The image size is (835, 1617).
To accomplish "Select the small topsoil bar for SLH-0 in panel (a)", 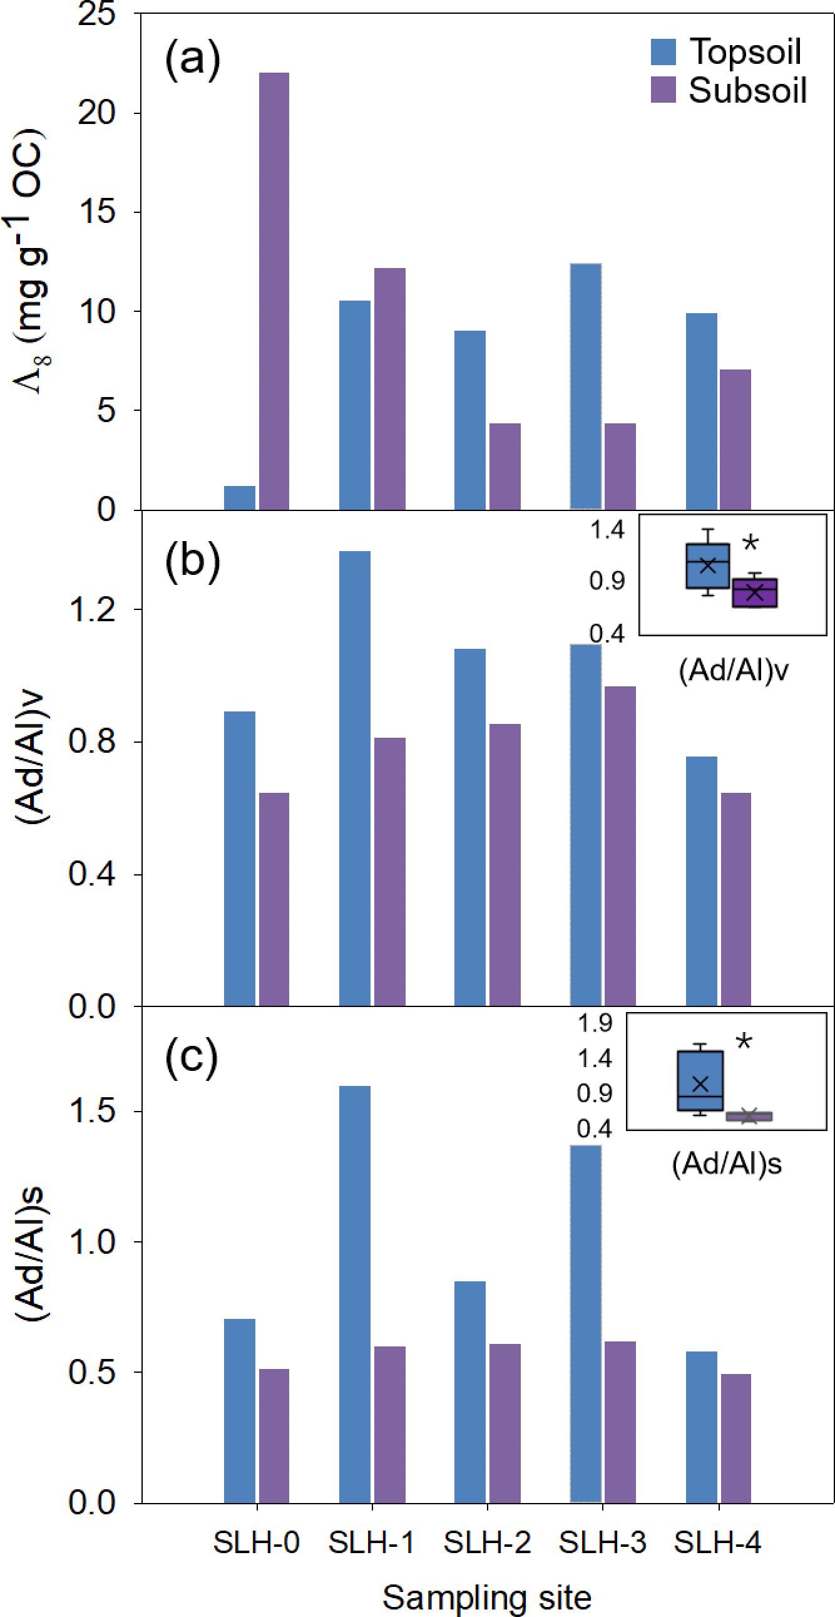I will click(240, 497).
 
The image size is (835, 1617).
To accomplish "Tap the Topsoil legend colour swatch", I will click(663, 51).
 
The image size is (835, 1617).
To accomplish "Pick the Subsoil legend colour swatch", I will click(663, 90).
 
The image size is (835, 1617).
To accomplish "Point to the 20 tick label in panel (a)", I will click(97, 113).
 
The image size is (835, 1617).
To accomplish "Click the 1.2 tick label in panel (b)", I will click(92, 609).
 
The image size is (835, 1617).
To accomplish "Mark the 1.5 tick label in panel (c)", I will click(92, 1111).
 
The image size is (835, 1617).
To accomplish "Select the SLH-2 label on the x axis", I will click(487, 1542).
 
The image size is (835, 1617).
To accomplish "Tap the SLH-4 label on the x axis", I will click(717, 1542).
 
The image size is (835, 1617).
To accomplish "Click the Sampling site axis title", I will click(487, 1597).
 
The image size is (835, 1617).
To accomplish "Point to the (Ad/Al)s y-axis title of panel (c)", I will click(30, 1254).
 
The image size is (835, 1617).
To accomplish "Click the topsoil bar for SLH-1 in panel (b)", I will click(354, 778).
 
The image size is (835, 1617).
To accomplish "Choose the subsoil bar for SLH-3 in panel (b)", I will click(620, 845).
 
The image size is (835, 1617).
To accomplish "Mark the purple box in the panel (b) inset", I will click(755, 593).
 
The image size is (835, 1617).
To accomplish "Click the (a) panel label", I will click(193, 58).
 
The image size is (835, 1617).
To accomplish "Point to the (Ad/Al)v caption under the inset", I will click(733, 671).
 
